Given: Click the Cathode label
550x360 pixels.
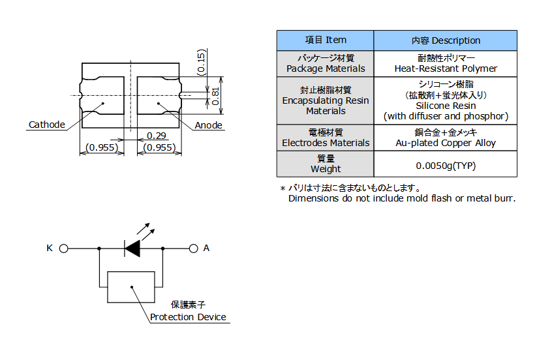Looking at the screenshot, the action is (x=47, y=125).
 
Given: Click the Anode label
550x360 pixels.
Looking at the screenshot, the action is (x=208, y=125).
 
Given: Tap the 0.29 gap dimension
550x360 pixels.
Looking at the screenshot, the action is (x=157, y=135).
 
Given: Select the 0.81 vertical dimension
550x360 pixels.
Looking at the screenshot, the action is (x=215, y=96).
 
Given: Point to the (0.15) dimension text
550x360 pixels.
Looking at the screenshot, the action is (x=202, y=63).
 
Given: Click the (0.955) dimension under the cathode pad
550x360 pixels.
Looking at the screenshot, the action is (x=102, y=147).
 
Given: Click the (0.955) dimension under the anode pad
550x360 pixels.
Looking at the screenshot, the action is (x=159, y=147).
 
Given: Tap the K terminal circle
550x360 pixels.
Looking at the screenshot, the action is (x=63, y=248).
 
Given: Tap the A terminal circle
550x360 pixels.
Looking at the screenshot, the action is (x=193, y=248).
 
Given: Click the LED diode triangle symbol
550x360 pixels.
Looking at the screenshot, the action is (x=132, y=248).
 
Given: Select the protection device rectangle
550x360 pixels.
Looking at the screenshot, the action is (x=131, y=287).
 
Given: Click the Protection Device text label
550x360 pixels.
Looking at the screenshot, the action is (x=188, y=317).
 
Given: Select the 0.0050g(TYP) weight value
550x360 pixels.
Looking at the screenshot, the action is (x=446, y=166).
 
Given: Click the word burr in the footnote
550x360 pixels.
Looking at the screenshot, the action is (x=504, y=198).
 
